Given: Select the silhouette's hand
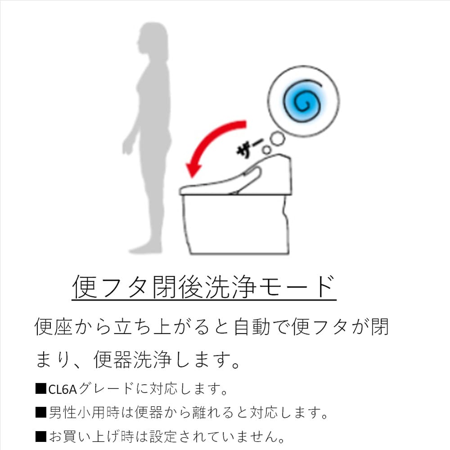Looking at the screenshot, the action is (x=127, y=147).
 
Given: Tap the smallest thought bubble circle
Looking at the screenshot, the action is (x=266, y=149).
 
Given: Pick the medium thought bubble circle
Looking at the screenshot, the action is (x=277, y=139).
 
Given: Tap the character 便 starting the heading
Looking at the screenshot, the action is (x=85, y=286).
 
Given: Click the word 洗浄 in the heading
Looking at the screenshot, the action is (x=230, y=286).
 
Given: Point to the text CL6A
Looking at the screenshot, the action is (x=62, y=389).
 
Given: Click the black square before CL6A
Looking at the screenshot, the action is (x=40, y=389).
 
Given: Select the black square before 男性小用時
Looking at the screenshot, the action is (x=40, y=412).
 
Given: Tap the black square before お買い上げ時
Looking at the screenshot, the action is (x=40, y=436).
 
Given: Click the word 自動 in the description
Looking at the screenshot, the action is (x=252, y=327).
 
